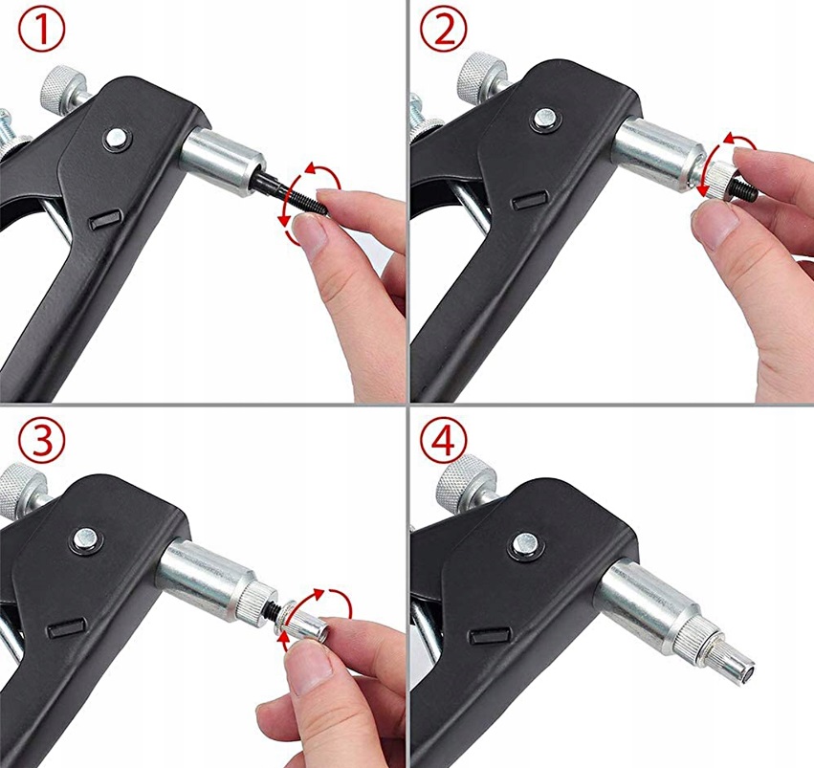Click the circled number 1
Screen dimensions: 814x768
42,31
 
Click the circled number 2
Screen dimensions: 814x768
443,31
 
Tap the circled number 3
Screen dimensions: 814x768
42,441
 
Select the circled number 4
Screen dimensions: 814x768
443,441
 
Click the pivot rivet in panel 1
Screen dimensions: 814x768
118,139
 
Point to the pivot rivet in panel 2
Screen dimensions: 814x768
545,120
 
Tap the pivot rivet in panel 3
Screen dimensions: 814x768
87,538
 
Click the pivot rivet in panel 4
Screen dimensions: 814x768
525,545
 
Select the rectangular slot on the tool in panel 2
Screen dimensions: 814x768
528,200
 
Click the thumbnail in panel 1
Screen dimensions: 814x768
310,232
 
